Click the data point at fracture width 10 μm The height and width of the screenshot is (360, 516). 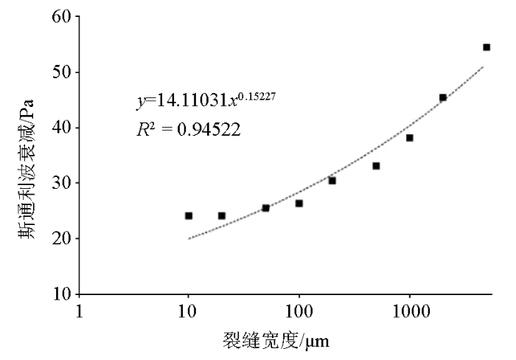coord(189,215)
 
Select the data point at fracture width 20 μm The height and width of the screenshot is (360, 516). coord(222,215)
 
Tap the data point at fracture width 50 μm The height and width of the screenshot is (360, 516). coord(265,208)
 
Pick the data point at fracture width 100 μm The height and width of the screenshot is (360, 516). coord(299,203)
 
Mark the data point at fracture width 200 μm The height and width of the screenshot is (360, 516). coord(332,181)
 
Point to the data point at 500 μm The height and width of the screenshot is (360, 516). coord(376,166)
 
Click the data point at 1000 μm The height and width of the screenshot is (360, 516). coord(410,138)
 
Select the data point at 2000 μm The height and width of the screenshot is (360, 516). coord(443,97)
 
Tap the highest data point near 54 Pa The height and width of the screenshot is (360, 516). coord(487,47)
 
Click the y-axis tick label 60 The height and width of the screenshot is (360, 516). coord(60,17)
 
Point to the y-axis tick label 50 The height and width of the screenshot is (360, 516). coord(60,72)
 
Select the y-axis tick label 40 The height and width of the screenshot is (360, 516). coord(60,128)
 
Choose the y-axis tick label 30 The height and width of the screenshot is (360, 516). coord(60,183)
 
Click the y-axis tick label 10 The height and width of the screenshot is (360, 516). coord(60,294)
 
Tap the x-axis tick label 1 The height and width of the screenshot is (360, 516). coord(79,313)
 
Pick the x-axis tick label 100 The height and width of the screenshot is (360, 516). coord(299,313)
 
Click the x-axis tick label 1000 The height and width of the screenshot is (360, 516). coord(410,313)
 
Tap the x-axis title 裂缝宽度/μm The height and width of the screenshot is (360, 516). coord(281,342)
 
